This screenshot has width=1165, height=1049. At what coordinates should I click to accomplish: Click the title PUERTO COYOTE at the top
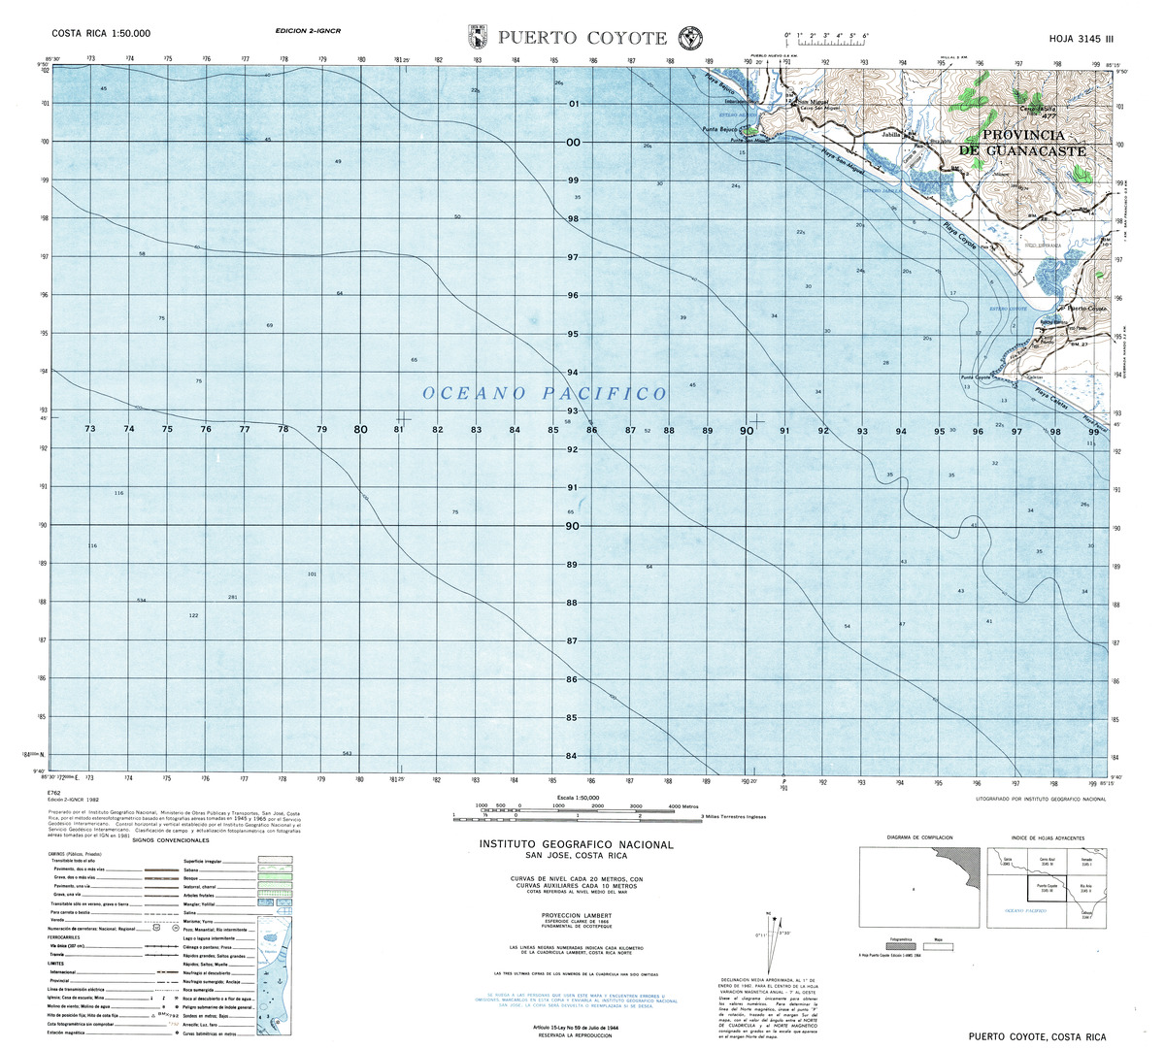click(582, 38)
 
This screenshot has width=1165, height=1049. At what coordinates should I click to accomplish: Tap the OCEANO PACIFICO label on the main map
click(545, 393)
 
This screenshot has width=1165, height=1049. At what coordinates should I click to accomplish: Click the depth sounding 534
click(141, 601)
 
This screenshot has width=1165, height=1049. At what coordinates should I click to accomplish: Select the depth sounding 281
click(232, 597)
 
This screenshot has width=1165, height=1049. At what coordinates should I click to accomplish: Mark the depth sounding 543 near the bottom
click(347, 753)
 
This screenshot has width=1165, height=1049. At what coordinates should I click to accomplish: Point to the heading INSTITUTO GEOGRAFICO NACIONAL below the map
click(576, 845)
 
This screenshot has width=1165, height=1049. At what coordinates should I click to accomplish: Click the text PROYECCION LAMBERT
click(576, 915)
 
